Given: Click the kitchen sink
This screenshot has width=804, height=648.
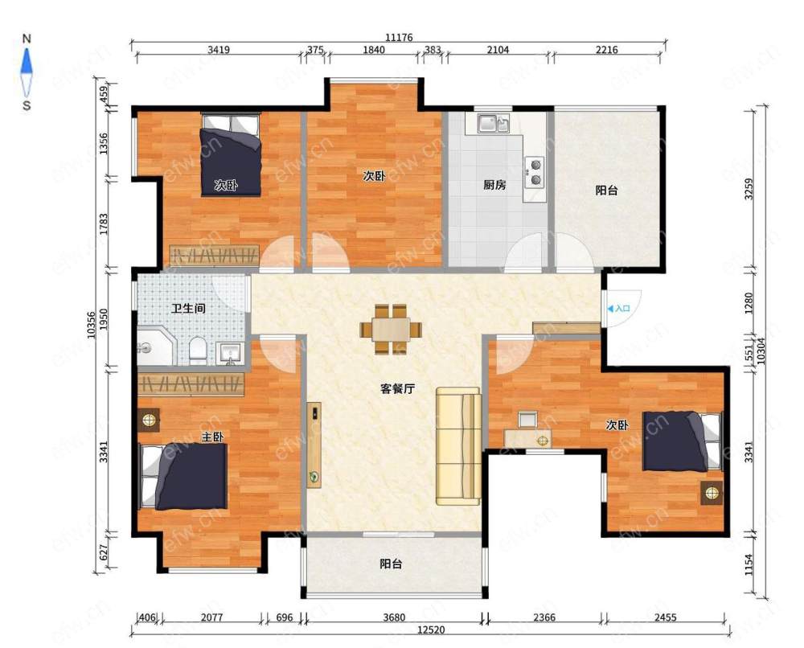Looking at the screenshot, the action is pos(494,123).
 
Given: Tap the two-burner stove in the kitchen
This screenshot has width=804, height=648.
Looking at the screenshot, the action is pos(535,172).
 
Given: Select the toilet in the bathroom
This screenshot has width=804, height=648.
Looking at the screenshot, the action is pos(198,350).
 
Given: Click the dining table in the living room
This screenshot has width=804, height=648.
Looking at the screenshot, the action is pos(391,330).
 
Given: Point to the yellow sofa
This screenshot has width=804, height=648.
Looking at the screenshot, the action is pos(458,446).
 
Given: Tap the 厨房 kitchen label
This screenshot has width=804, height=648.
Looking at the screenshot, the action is pos(494,185).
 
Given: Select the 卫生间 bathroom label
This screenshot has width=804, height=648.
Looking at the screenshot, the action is pos(188,308).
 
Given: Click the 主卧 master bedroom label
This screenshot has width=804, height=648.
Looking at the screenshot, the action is pos(212,437).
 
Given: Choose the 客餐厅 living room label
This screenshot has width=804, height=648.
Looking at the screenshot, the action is pos(397,388).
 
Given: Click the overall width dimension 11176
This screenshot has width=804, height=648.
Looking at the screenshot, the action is pos(399,38).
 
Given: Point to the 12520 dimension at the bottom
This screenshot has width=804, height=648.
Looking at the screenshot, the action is pos(431,630).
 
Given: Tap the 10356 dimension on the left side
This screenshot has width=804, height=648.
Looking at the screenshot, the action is pos(92,325).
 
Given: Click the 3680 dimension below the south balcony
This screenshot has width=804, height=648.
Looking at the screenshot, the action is pos(394,617).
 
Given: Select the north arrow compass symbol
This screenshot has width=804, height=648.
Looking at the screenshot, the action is pos(27,72).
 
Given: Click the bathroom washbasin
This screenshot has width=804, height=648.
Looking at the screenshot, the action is pos(230,353).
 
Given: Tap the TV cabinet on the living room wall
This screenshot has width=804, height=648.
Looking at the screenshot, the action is pos(314,445).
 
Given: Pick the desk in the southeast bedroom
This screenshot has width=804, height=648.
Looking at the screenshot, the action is pos(527,439).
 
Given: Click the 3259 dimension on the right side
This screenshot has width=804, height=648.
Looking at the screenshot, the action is pos(749,189).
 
